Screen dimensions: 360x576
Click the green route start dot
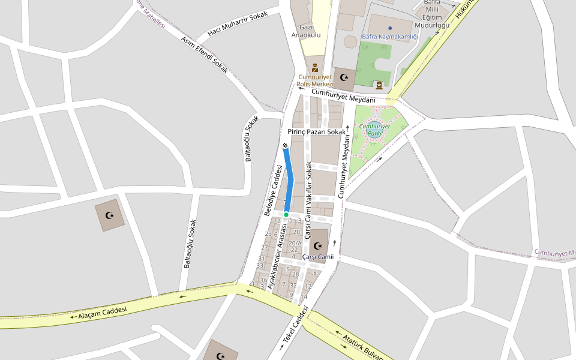point(286,214)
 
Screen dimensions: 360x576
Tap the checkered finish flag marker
point(285,145)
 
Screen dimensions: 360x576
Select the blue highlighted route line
point(290,180)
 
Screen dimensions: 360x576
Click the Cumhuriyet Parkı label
point(374,129)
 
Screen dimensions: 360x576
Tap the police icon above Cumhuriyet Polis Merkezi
point(314,67)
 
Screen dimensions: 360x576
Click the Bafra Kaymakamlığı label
point(389,37)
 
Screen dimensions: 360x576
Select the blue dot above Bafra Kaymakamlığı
point(390,28)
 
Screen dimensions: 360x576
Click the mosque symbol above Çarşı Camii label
point(318,245)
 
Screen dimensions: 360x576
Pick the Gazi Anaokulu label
point(306,31)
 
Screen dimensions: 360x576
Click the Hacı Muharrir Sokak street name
point(237,24)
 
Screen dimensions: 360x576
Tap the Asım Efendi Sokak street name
point(205,55)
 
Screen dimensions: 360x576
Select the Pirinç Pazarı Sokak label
point(317,131)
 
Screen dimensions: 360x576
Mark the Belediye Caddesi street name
point(273,190)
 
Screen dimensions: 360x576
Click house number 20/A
point(295,243)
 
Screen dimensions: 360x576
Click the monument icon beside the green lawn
point(379,85)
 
